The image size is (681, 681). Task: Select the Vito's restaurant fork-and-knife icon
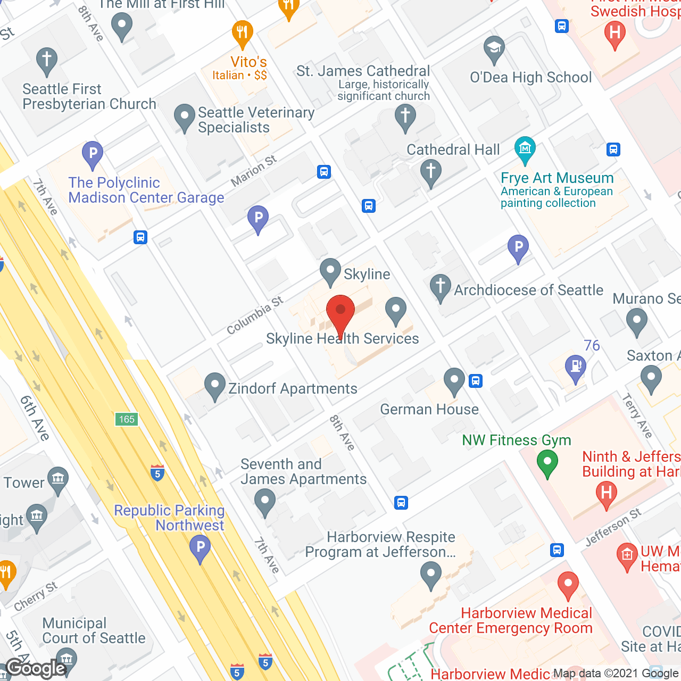point(242,34)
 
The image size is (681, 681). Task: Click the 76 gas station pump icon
point(576,367)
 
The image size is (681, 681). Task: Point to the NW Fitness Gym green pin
point(547,462)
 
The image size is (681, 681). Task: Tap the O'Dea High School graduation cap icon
point(494,49)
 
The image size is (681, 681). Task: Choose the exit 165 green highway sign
point(127,419)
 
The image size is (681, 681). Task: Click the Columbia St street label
point(255,315)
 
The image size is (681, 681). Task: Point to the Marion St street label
point(254,171)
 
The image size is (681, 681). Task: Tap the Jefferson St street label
point(613,527)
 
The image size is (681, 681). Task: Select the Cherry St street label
point(36,596)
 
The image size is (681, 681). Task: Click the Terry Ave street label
point(637,416)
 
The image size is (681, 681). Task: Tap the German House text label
point(429,409)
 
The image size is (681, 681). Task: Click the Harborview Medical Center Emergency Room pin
point(568,584)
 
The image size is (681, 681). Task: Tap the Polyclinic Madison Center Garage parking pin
point(93,154)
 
